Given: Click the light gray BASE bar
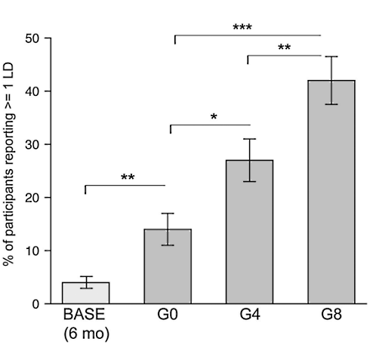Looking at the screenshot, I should (x=86, y=293).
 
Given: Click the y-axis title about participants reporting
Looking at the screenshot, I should (x=12, y=171).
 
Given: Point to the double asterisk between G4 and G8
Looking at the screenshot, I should (x=284, y=48).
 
